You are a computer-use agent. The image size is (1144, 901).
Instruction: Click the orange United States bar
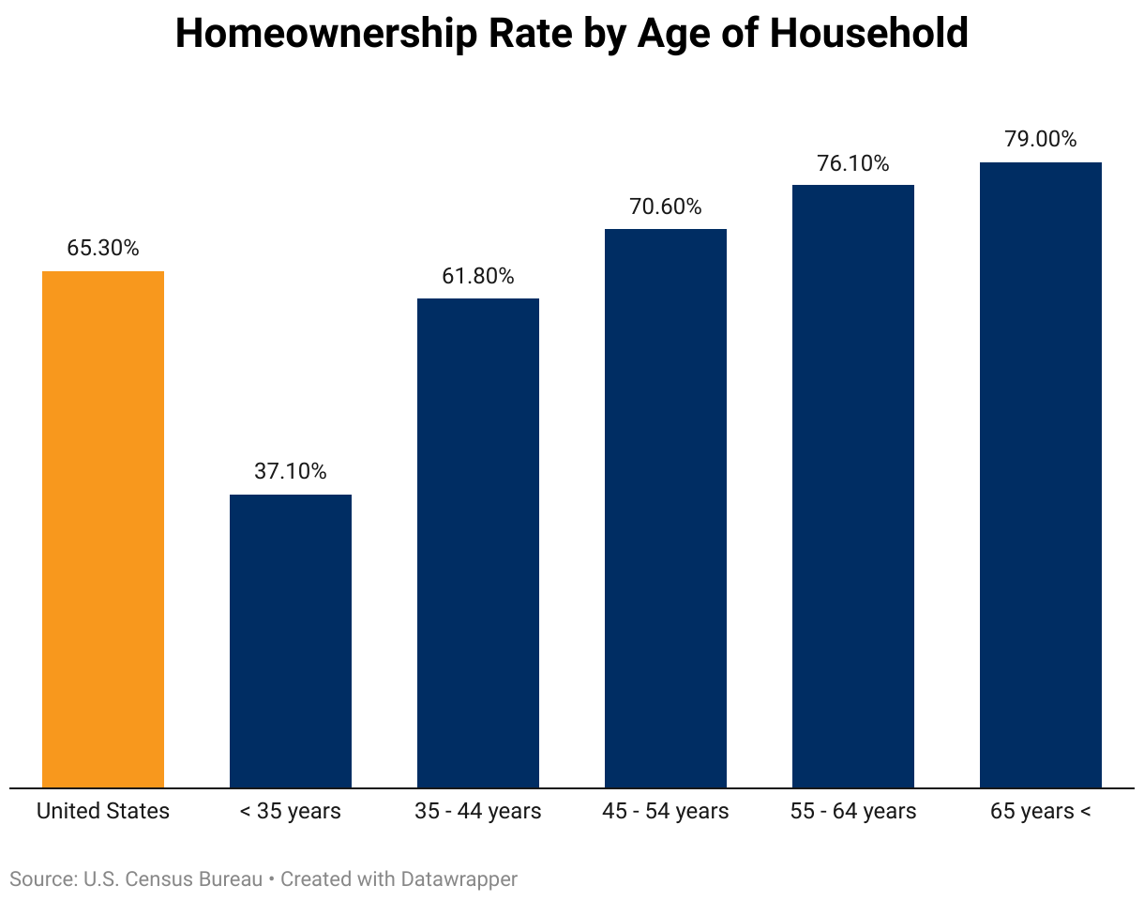click(x=103, y=529)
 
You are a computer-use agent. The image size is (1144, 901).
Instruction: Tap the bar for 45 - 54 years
click(x=666, y=508)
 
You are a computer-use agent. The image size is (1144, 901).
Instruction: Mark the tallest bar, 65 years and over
click(x=1041, y=475)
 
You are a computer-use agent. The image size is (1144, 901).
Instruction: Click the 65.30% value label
click(x=103, y=249)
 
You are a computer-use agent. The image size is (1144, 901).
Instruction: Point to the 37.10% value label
click(x=291, y=472)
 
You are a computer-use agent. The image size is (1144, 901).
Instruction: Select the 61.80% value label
click(x=478, y=276)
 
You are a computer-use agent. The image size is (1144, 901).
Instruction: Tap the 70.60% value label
click(x=666, y=206)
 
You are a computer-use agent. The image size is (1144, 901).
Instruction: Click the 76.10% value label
click(x=853, y=163)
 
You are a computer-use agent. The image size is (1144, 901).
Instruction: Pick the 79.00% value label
click(x=1041, y=140)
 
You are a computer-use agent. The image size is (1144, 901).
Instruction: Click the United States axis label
click(x=103, y=812)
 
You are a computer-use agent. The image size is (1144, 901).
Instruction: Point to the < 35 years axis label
click(x=291, y=812)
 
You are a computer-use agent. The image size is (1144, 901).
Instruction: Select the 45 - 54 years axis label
click(x=666, y=812)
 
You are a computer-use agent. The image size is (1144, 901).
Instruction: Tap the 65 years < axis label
click(x=1041, y=812)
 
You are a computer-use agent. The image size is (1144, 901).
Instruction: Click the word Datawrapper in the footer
click(x=459, y=879)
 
